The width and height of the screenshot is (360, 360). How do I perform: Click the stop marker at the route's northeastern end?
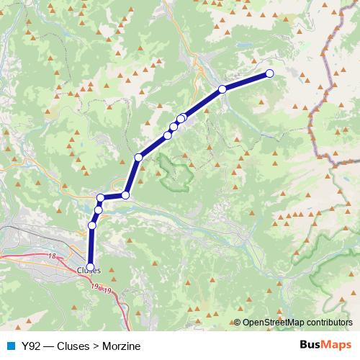tap(270, 73)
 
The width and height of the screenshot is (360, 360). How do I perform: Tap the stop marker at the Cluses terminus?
tap(90, 264)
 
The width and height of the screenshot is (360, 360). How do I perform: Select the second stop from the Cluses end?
tap(91, 225)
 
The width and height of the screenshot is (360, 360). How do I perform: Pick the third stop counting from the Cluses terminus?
tap(98, 210)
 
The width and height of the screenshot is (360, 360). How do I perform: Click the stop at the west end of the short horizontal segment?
tap(101, 197)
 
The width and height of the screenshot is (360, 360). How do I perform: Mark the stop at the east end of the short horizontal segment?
tap(125, 195)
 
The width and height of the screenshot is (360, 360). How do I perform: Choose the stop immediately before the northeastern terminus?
tap(222, 89)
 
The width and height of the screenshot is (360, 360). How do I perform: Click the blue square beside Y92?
tap(11, 346)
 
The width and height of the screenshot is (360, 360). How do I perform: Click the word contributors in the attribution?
tap(330, 323)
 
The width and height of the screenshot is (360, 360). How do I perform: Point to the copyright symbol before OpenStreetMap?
tap(238, 323)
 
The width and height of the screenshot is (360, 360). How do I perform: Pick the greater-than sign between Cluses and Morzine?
tap(95, 346)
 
